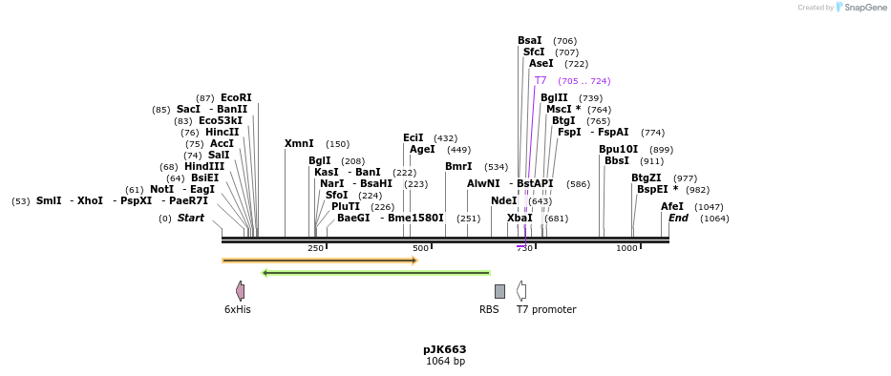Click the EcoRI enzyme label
coord(236,97)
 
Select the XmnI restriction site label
coord(299,144)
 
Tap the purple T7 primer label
coord(541,81)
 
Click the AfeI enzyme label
coord(672,206)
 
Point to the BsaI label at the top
coord(530,40)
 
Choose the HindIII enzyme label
coord(204,166)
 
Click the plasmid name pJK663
coord(445,349)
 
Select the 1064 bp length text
coord(445,362)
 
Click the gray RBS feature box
coord(499,291)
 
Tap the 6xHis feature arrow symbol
coord(240,291)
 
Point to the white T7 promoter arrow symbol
coord(521,291)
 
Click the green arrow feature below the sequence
coord(375,273)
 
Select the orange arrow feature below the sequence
coord(320,260)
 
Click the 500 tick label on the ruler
coord(420,248)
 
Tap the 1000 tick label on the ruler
coord(626,248)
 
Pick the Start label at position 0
coord(191,219)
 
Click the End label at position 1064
coord(678,219)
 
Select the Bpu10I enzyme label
coord(618,149)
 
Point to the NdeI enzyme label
coord(503,200)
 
